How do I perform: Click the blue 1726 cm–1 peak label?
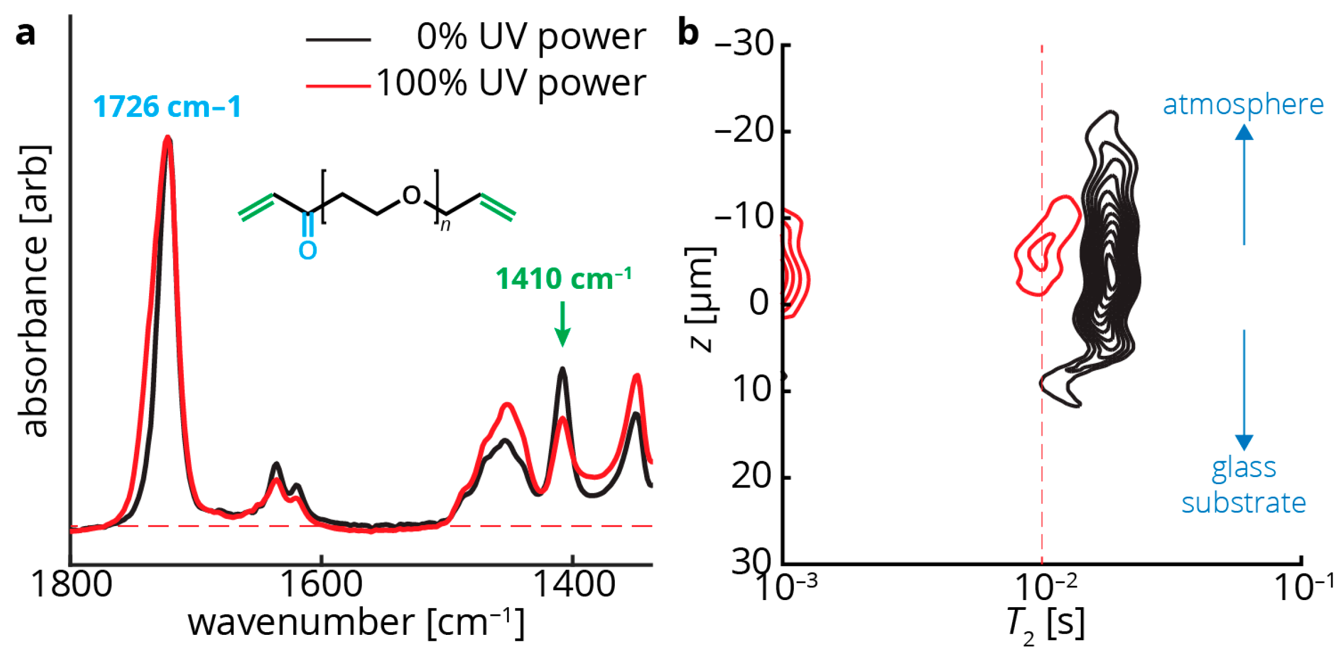pos(167,107)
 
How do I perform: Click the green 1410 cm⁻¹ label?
pos(563,279)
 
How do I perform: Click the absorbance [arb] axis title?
pos(34,291)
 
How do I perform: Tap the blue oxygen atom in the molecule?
pos(307,250)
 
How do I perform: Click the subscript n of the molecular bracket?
pos(445,225)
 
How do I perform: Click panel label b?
pos(688,33)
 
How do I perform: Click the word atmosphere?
pos(1243,104)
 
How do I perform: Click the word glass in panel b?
pos(1243,468)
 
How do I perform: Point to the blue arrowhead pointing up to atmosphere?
pos(1244,132)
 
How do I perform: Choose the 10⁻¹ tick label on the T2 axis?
pos(1304,588)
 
